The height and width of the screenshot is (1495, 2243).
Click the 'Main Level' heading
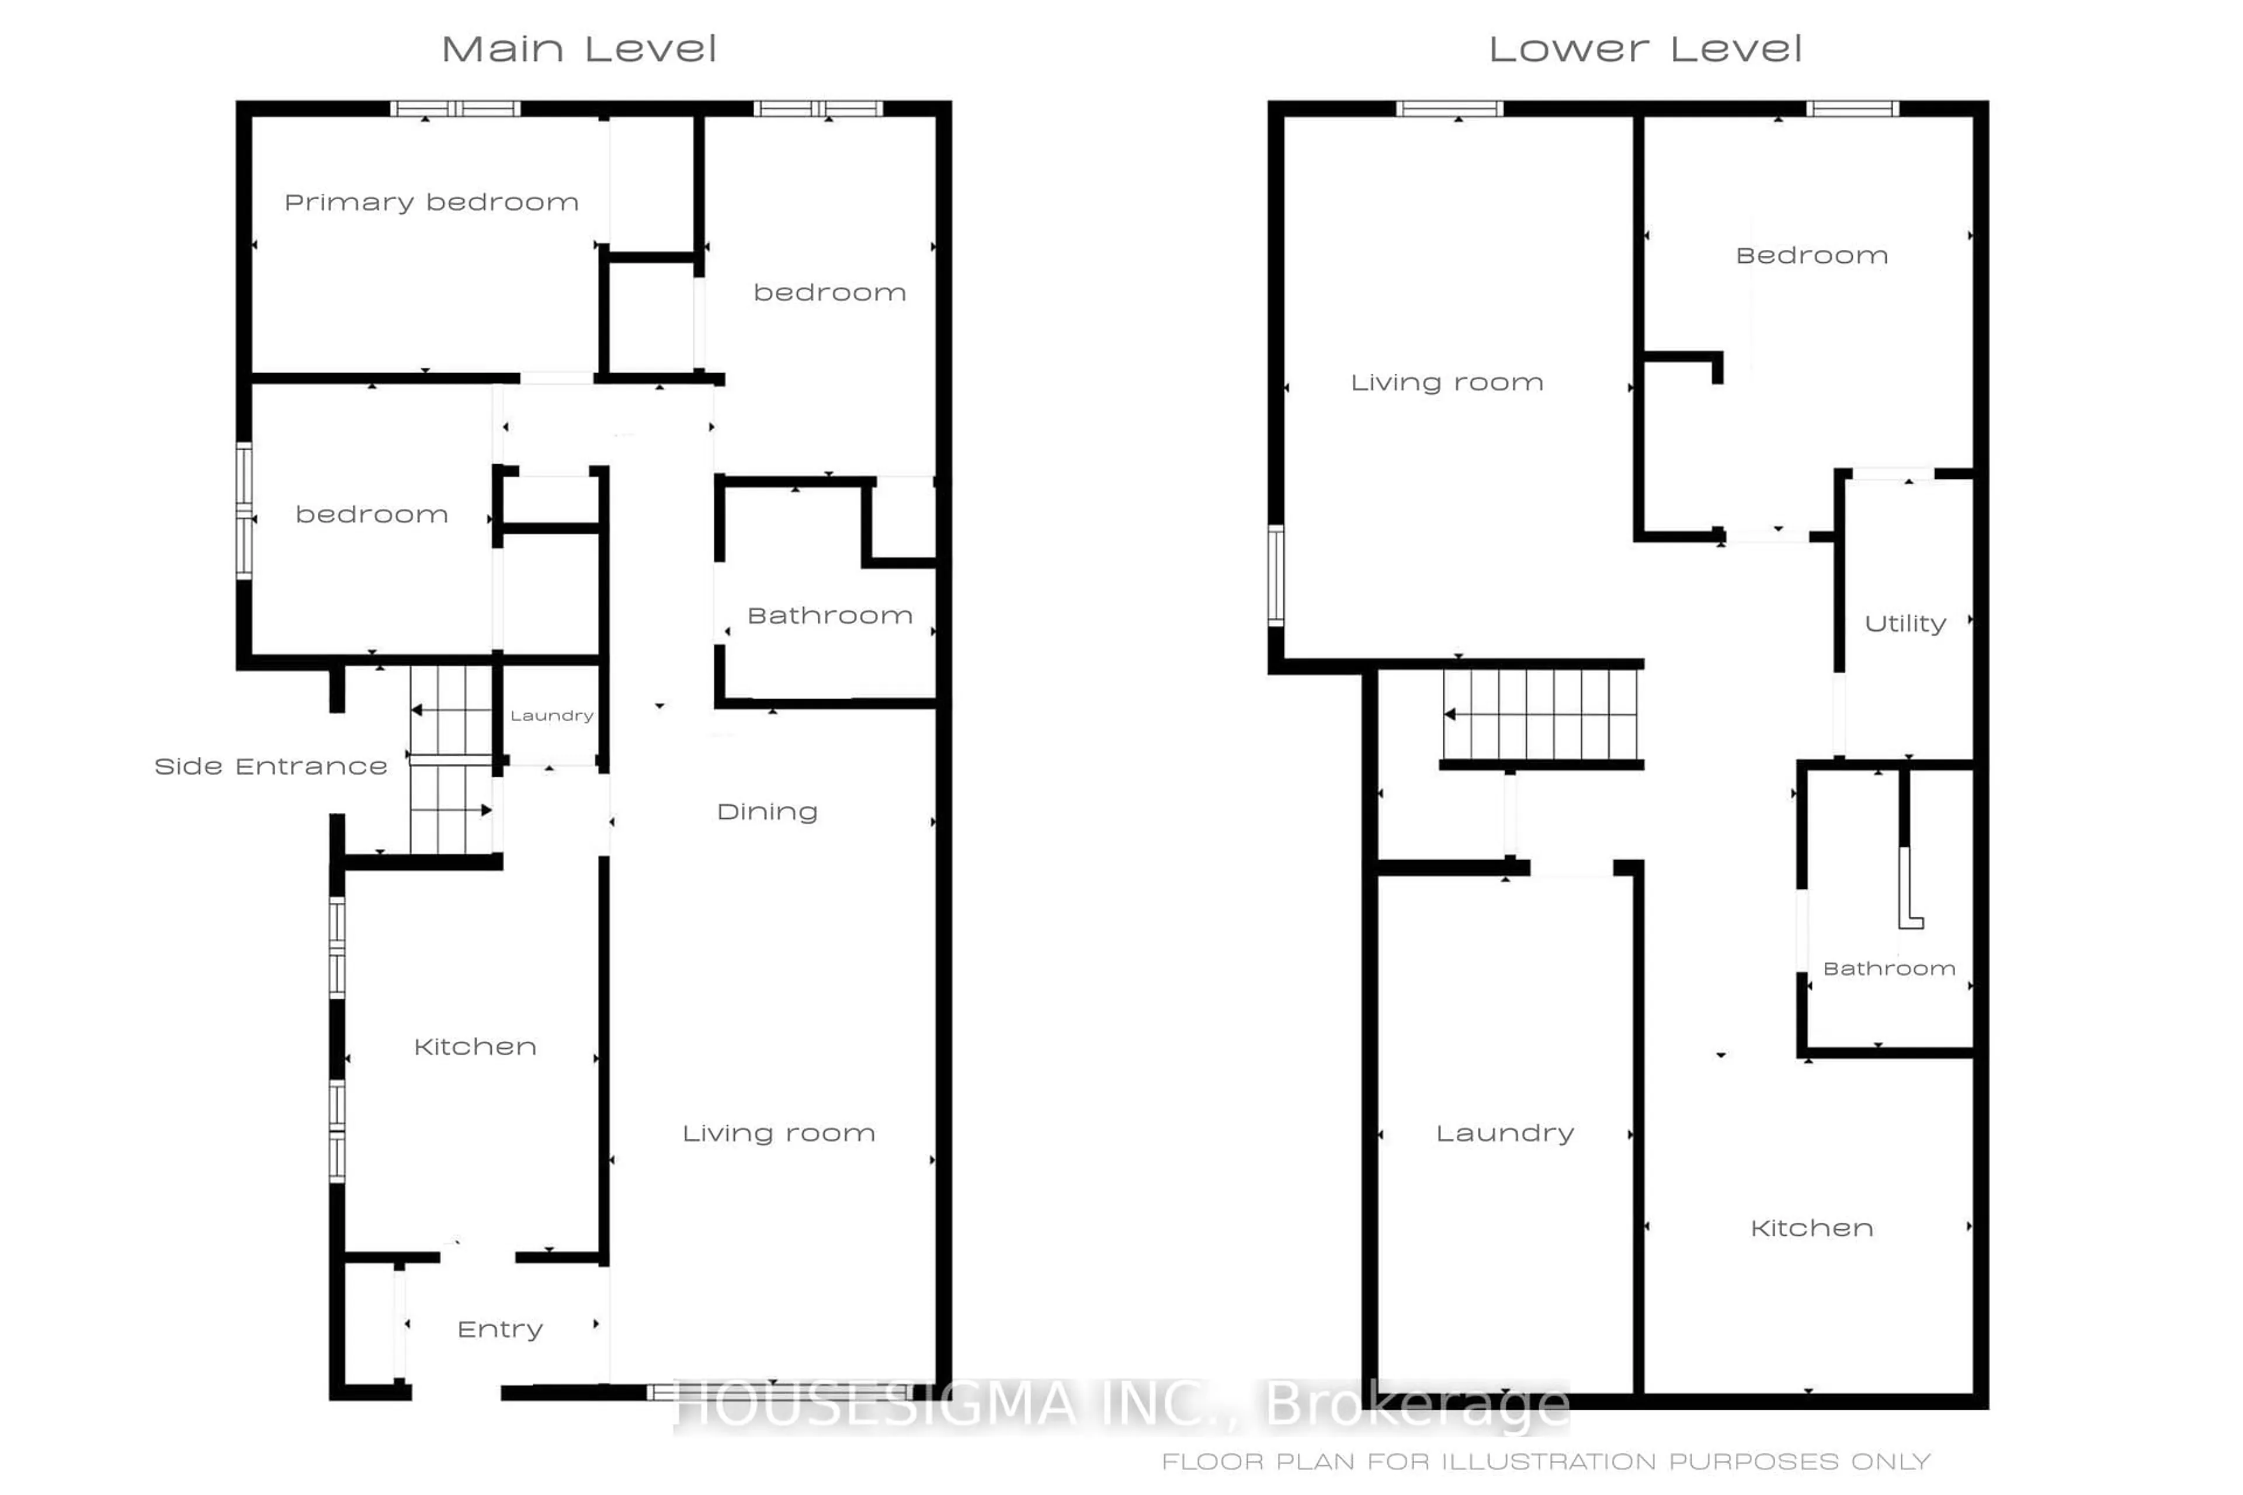pyautogui.click(x=579, y=50)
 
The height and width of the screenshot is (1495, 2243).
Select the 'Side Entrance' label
pyautogui.click(x=271, y=767)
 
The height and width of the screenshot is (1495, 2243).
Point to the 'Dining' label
pyautogui.click(x=768, y=812)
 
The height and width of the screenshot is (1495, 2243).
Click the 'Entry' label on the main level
pyautogui.click(x=500, y=1329)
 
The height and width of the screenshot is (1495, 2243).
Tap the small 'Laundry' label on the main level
pyautogui.click(x=552, y=716)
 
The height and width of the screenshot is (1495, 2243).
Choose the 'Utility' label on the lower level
pyautogui.click(x=1905, y=624)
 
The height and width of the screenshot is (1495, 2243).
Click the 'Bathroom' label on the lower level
pyautogui.click(x=1889, y=969)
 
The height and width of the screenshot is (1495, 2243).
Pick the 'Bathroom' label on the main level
pyautogui.click(x=829, y=616)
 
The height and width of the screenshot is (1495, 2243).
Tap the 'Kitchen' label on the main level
pyautogui.click(x=475, y=1047)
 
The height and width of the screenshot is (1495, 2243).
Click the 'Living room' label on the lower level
pyautogui.click(x=1447, y=383)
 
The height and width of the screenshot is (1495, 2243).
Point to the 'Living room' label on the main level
pyautogui.click(x=778, y=1134)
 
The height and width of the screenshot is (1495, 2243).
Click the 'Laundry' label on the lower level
pyautogui.click(x=1505, y=1134)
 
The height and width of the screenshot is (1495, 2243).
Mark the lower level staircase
pyautogui.click(x=1540, y=714)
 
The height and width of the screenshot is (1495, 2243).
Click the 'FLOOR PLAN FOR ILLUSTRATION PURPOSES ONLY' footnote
pyautogui.click(x=1546, y=1462)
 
